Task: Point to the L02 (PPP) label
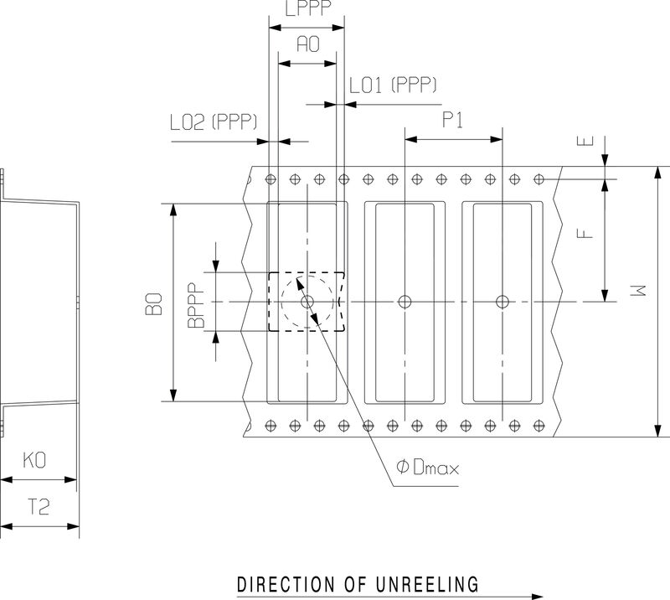(213, 123)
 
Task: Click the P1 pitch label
(453, 120)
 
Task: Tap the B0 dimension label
(153, 303)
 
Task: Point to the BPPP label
(197, 303)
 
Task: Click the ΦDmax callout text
(428, 467)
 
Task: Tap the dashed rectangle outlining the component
(268, 302)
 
